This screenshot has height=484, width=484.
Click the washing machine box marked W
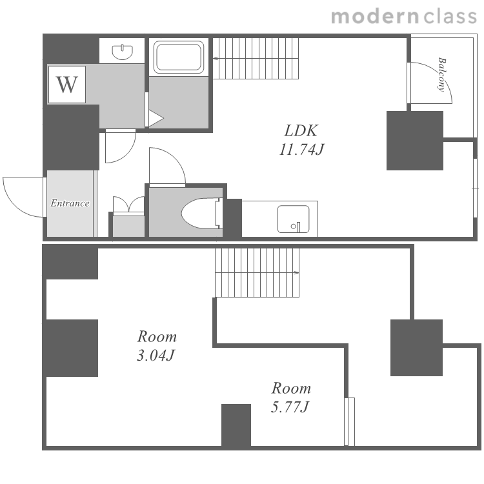[66, 85]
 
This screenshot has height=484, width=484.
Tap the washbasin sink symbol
[123, 52]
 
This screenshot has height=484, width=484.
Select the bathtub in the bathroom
[179, 57]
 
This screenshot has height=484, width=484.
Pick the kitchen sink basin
[293, 219]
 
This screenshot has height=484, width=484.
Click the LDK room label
[301, 130]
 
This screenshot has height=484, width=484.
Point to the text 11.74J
[301, 150]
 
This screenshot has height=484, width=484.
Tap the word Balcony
[442, 74]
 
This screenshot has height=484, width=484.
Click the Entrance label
[70, 203]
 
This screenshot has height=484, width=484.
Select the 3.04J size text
[156, 356]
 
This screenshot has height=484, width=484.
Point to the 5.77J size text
[290, 407]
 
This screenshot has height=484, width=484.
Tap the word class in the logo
[450, 17]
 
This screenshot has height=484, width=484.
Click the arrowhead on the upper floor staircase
[215, 58]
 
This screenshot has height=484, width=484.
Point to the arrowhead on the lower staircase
[297, 272]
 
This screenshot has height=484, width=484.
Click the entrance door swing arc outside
[14, 205]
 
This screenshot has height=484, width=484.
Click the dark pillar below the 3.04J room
[236, 425]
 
